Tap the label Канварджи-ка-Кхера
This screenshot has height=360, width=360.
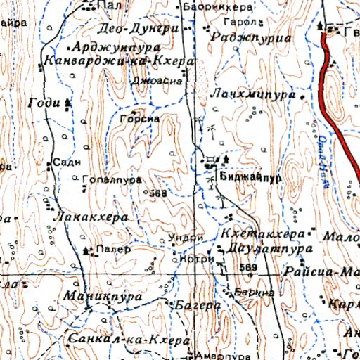117,62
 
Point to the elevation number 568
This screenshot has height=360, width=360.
158,193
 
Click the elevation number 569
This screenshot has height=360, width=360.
248,268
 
